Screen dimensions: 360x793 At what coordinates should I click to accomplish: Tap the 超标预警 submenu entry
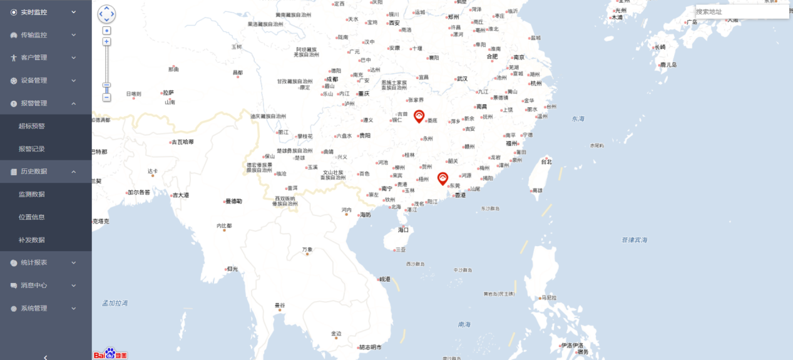point(32,126)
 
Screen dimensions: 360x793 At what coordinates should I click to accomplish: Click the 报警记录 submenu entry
point(32,149)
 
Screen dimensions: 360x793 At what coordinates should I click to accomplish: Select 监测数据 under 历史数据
point(32,194)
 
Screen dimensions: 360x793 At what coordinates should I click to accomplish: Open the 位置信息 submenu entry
point(32,217)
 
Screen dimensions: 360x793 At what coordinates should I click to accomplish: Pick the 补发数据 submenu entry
point(32,240)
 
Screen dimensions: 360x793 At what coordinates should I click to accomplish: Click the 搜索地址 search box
point(741,12)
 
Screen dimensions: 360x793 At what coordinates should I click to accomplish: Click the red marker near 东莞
point(443,178)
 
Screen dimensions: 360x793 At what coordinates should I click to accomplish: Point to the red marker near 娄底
point(419,116)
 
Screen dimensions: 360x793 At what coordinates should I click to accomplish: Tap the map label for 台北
point(546,162)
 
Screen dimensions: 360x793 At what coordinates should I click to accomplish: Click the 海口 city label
point(404,230)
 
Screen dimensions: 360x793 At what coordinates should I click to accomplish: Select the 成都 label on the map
point(332,80)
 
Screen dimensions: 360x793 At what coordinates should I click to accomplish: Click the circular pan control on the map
point(107,14)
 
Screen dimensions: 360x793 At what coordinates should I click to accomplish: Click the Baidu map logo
point(110,354)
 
